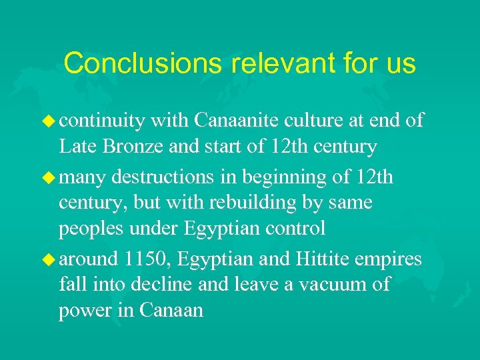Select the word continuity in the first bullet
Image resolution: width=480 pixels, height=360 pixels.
point(102,121)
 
